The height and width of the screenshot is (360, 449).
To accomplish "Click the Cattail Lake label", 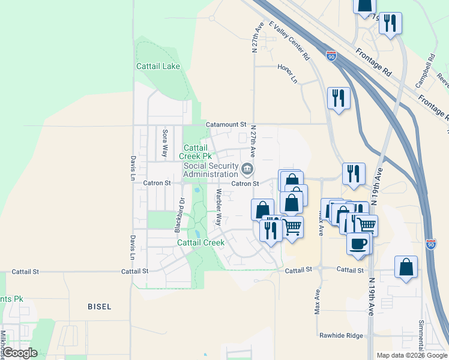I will tap(163, 66).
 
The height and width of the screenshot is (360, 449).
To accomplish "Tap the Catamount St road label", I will tap(226, 124).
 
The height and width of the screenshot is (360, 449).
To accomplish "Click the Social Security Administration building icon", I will tap(247, 167).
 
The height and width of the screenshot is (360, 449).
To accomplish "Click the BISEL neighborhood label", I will tap(99, 307).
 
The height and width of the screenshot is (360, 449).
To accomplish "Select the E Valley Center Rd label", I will tap(289, 40).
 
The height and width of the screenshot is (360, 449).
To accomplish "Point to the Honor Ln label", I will tap(288, 73).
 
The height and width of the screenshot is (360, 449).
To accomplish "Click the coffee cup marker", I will tap(358, 244).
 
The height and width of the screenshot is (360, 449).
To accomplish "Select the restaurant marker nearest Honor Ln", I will tap(339, 97).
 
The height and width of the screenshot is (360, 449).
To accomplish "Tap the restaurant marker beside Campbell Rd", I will tap(391, 23).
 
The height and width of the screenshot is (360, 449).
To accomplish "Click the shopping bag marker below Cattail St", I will tap(406, 266).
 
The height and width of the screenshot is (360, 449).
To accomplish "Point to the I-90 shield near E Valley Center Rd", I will tap(331, 56).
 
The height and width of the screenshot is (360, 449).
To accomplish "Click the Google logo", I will tap(20, 353).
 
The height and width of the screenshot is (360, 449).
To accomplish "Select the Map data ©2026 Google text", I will tap(411, 355).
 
